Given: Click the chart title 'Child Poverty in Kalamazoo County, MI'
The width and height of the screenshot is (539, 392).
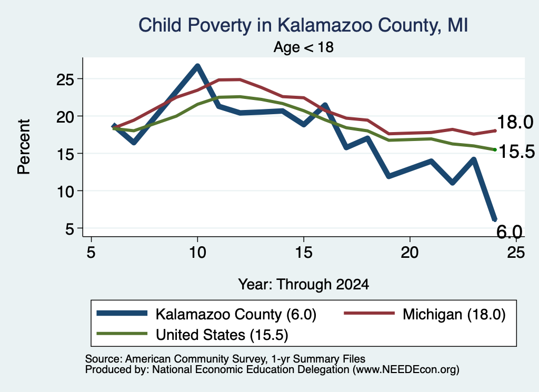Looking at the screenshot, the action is click(x=303, y=25).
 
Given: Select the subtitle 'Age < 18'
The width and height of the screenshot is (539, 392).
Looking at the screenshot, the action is click(x=304, y=47).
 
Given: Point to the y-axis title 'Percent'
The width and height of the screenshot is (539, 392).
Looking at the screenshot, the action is click(x=24, y=147).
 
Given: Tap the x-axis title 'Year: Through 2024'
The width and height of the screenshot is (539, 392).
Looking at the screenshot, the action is click(x=304, y=285).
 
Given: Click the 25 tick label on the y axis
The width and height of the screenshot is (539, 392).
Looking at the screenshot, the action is click(x=65, y=79).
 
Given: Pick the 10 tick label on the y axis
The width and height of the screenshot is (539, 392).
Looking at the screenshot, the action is click(x=65, y=192).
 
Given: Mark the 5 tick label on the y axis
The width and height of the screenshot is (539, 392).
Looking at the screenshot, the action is click(x=70, y=229).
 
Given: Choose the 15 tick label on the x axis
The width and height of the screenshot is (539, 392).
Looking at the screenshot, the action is click(x=304, y=253).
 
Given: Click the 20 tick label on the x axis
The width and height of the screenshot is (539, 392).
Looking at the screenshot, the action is click(x=410, y=253).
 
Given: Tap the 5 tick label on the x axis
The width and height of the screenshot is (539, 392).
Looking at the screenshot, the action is click(x=91, y=253).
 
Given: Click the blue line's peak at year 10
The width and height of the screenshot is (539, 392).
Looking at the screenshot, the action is click(x=197, y=66).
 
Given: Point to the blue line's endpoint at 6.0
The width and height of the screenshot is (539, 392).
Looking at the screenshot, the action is click(x=494, y=219).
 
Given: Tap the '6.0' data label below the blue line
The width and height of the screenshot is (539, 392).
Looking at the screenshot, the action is click(x=510, y=232).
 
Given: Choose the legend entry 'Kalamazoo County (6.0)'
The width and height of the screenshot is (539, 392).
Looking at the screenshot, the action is click(x=206, y=314).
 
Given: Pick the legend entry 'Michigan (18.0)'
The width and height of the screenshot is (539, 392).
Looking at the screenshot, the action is click(x=425, y=314).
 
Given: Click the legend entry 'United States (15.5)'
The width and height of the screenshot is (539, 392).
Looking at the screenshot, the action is click(x=193, y=334).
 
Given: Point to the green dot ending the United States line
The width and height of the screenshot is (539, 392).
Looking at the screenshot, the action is click(x=495, y=149).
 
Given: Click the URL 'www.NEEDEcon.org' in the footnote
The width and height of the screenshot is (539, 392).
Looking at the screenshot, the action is click(x=405, y=370).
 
